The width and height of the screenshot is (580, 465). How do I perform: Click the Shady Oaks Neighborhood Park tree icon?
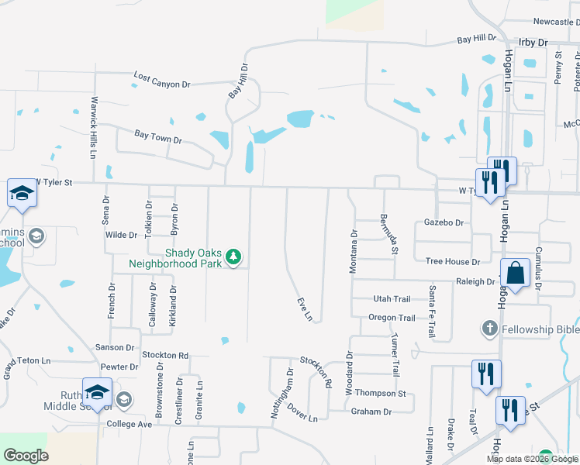pyautogui.click(x=231, y=257)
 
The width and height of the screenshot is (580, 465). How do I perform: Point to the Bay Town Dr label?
pyautogui.click(x=158, y=136)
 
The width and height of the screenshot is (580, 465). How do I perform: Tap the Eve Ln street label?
pyautogui.click(x=306, y=309)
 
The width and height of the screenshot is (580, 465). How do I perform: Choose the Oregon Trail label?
pyautogui.click(x=392, y=318)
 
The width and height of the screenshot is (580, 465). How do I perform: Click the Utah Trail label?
pyautogui.click(x=392, y=299)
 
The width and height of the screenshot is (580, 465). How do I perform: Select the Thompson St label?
pyautogui.click(x=381, y=394)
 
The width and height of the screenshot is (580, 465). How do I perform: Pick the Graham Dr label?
pyautogui.click(x=371, y=412)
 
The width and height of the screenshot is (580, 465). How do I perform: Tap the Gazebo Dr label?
pyautogui.click(x=444, y=222)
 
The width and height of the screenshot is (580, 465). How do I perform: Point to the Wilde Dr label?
pyautogui.click(x=121, y=234)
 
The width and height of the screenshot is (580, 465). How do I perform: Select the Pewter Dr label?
pyautogui.click(x=119, y=367)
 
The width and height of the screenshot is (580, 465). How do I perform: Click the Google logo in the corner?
pyautogui.click(x=26, y=456)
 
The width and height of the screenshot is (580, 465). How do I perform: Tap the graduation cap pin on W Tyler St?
pyautogui.click(x=22, y=195)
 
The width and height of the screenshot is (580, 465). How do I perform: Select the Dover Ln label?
pyautogui.click(x=302, y=412)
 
